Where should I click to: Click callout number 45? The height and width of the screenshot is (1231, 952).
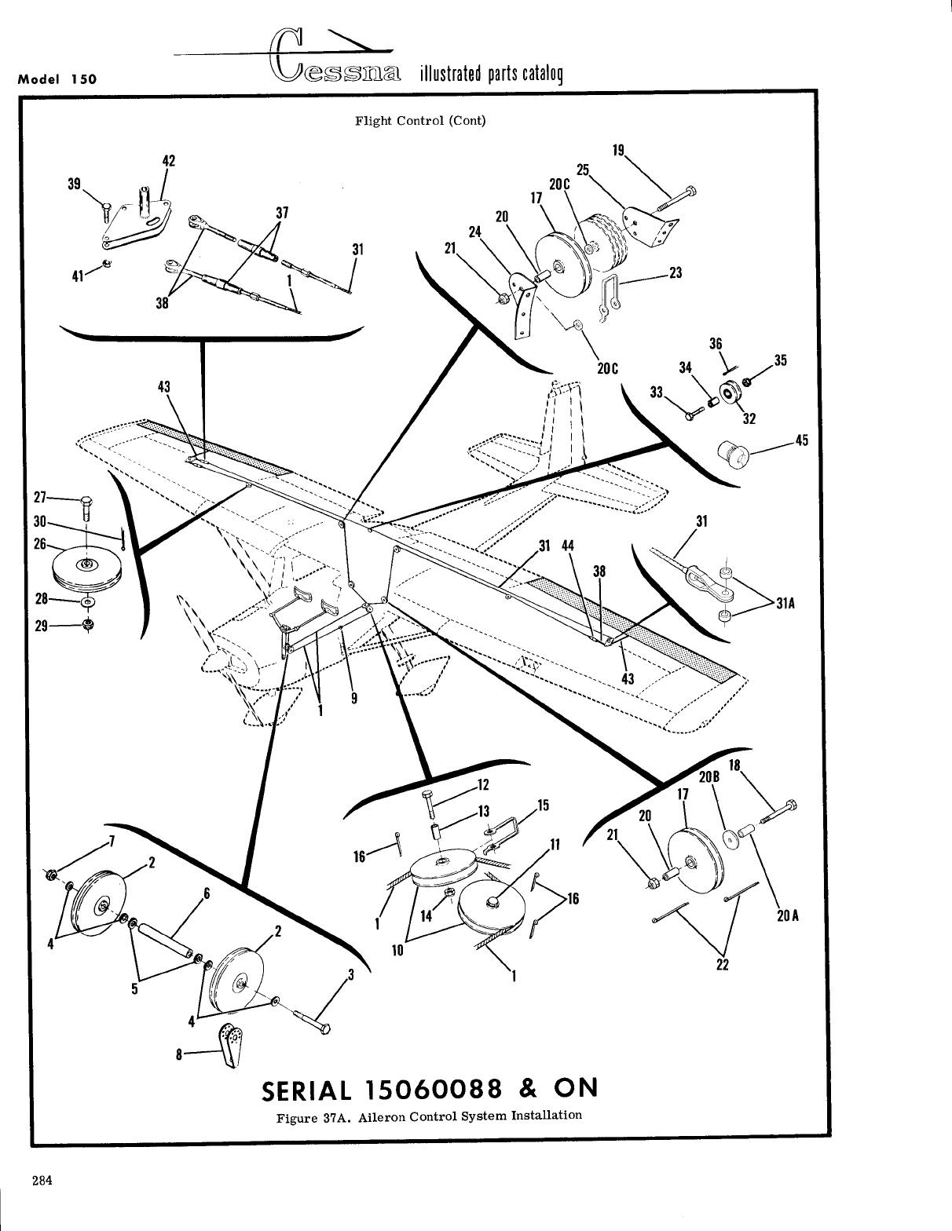(801, 440)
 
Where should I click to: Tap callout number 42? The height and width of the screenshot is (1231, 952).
(167, 161)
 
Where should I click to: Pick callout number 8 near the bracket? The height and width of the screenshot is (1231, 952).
(181, 1055)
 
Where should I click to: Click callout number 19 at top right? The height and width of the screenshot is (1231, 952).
(617, 150)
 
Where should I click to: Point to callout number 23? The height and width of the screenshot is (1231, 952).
(676, 273)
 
